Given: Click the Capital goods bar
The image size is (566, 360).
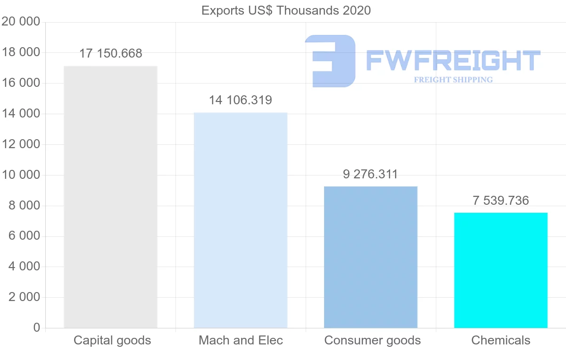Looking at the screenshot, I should click(110, 197).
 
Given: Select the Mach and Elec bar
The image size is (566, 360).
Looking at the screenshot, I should click(241, 220).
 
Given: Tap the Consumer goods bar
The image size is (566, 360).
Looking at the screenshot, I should click(371, 257).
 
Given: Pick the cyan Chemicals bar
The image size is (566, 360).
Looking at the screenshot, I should click(500, 270).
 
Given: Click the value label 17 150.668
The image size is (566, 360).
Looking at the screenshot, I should click(110, 54).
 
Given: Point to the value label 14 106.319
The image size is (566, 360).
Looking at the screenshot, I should click(241, 100).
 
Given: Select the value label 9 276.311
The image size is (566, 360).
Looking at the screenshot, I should click(371, 175).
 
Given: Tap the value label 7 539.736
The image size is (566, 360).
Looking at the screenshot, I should click(500, 201).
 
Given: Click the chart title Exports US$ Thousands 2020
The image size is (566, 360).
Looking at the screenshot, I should click(286, 10).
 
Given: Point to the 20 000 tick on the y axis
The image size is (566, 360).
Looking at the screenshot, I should click(21, 22).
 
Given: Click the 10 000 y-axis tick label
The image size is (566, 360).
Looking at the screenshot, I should click(21, 175).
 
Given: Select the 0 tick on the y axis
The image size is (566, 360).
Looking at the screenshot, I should click(36, 328).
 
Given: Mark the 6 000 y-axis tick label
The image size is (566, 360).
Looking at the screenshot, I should click(24, 236).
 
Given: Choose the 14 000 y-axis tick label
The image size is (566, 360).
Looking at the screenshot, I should click(21, 114).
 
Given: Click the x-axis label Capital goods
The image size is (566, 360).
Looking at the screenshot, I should click(112, 340).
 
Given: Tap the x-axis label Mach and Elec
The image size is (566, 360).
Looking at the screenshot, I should click(241, 340).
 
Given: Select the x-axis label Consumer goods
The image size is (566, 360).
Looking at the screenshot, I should click(372, 340).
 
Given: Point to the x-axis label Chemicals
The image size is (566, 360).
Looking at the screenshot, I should click(500, 340).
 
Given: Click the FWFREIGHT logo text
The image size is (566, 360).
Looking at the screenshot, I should click(453, 60).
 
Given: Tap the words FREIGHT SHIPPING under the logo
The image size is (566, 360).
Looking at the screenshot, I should click(453, 80).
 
